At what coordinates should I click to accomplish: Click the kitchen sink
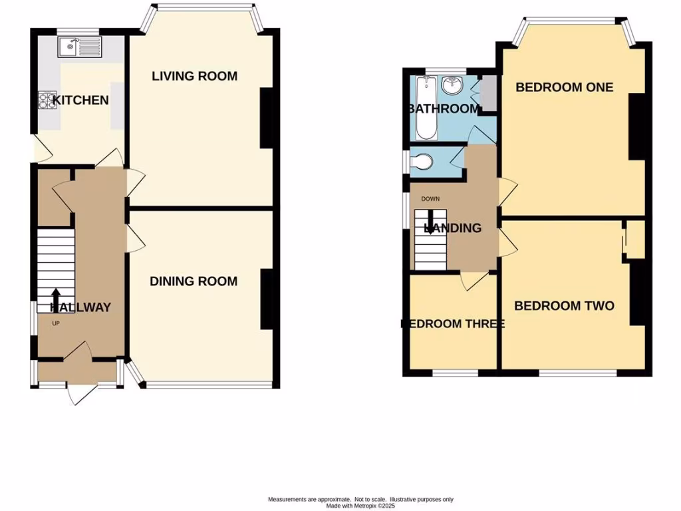[x=79, y=47]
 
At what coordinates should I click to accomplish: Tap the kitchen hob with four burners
[x=47, y=100]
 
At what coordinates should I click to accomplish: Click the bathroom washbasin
[x=453, y=85]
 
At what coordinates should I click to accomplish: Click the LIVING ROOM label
[x=194, y=76]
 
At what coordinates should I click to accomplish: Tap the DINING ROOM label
[x=193, y=281]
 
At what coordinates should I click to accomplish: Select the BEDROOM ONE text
[x=564, y=87]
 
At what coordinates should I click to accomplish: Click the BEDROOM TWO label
[x=564, y=306]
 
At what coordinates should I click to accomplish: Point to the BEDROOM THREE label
[x=452, y=324]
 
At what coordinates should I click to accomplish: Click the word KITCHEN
[x=80, y=100]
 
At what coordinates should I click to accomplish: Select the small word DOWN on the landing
[x=430, y=198]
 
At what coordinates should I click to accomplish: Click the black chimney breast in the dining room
[x=267, y=299]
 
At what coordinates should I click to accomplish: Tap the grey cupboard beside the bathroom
[x=487, y=94]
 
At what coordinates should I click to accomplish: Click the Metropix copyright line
[x=360, y=506]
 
